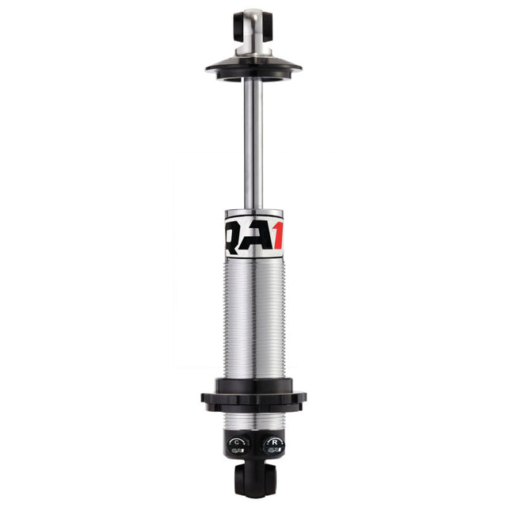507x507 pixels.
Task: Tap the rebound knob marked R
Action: tap(271, 445)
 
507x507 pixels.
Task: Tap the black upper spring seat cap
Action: tap(253, 67)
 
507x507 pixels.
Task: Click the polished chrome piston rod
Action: tap(253, 143)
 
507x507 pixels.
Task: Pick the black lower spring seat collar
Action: tap(253, 400)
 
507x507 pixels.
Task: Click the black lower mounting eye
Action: tap(253, 480)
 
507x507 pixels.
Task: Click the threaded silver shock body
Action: tap(253, 317)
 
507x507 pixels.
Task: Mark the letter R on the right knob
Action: tap(271, 441)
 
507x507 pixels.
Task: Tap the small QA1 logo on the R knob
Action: tap(271, 450)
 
